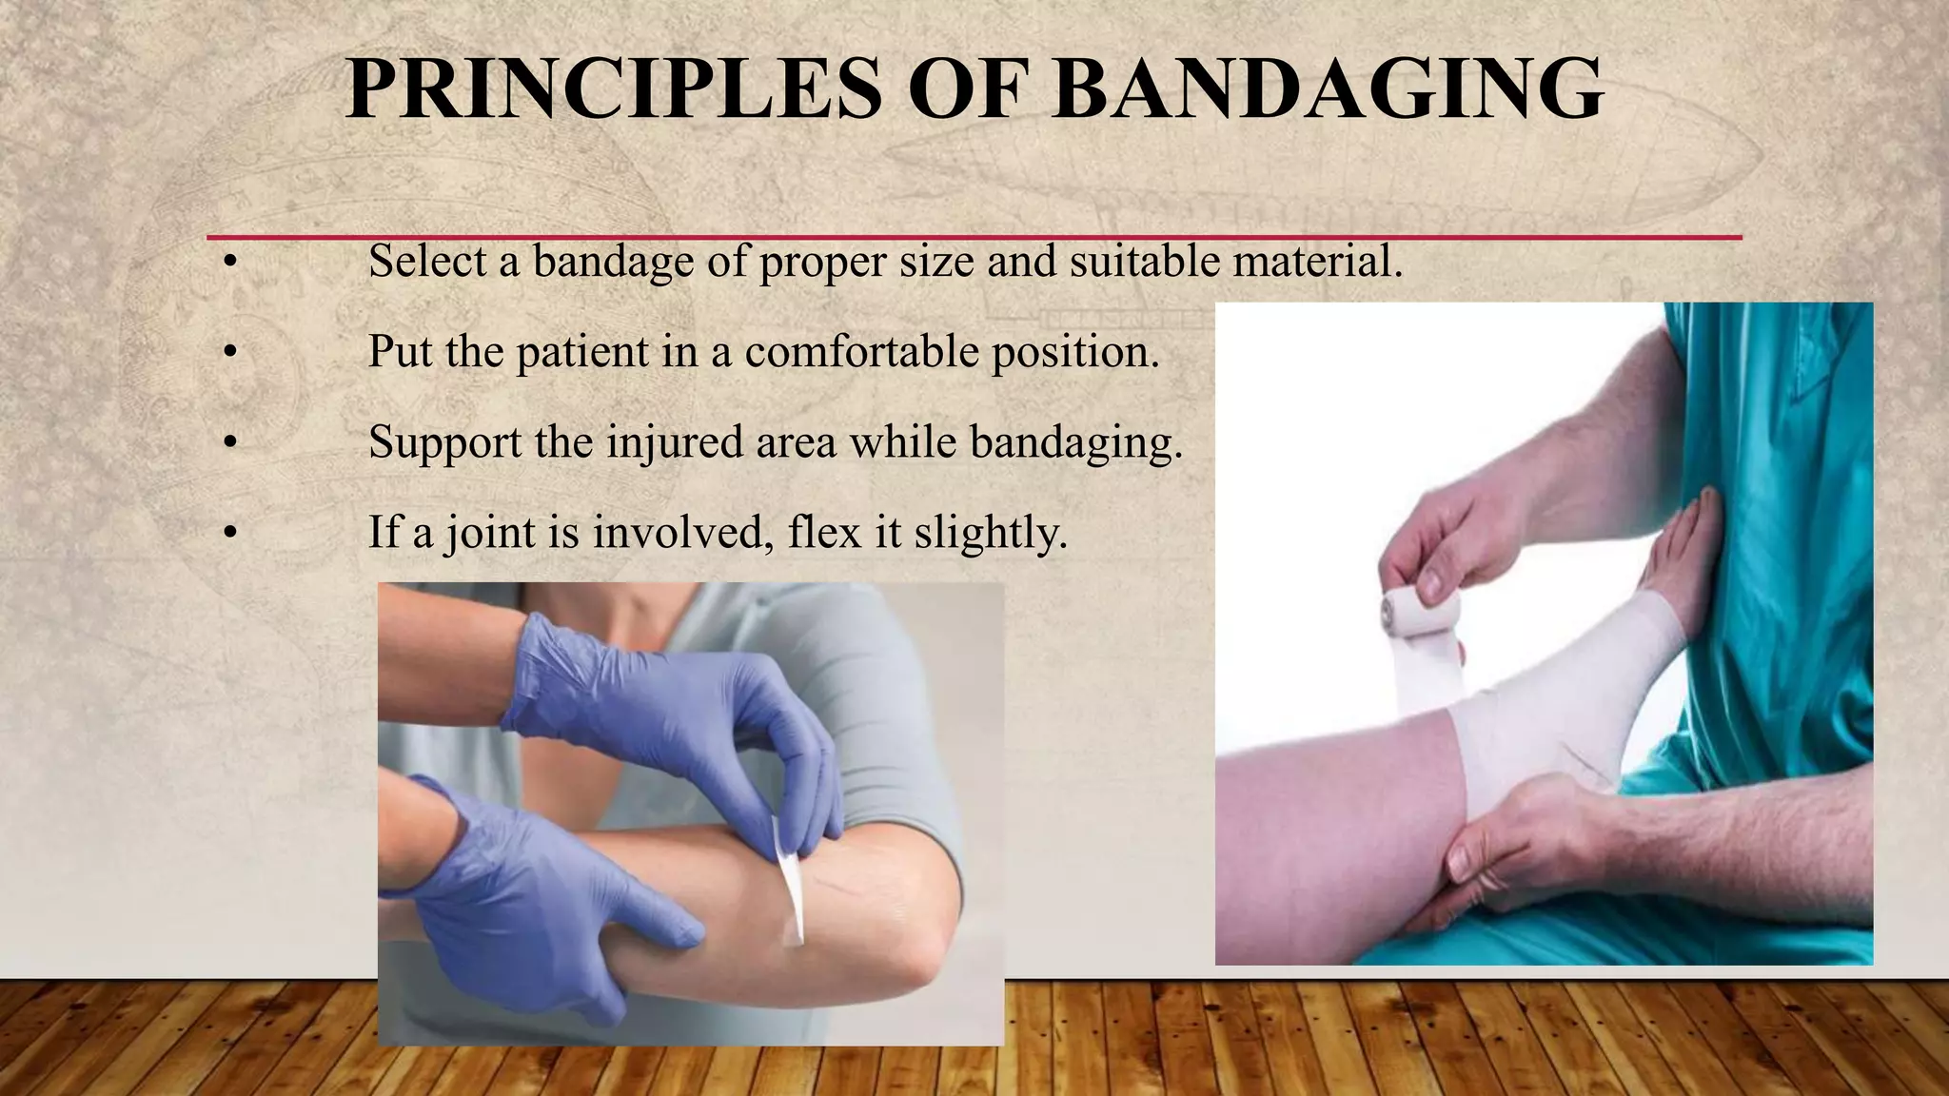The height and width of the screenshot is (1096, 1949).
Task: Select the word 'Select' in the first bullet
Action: (x=427, y=261)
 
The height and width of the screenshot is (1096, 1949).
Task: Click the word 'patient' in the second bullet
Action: (x=581, y=351)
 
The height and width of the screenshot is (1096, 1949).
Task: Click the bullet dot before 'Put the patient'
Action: (x=229, y=353)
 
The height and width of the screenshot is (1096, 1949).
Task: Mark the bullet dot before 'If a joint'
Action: (x=229, y=533)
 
